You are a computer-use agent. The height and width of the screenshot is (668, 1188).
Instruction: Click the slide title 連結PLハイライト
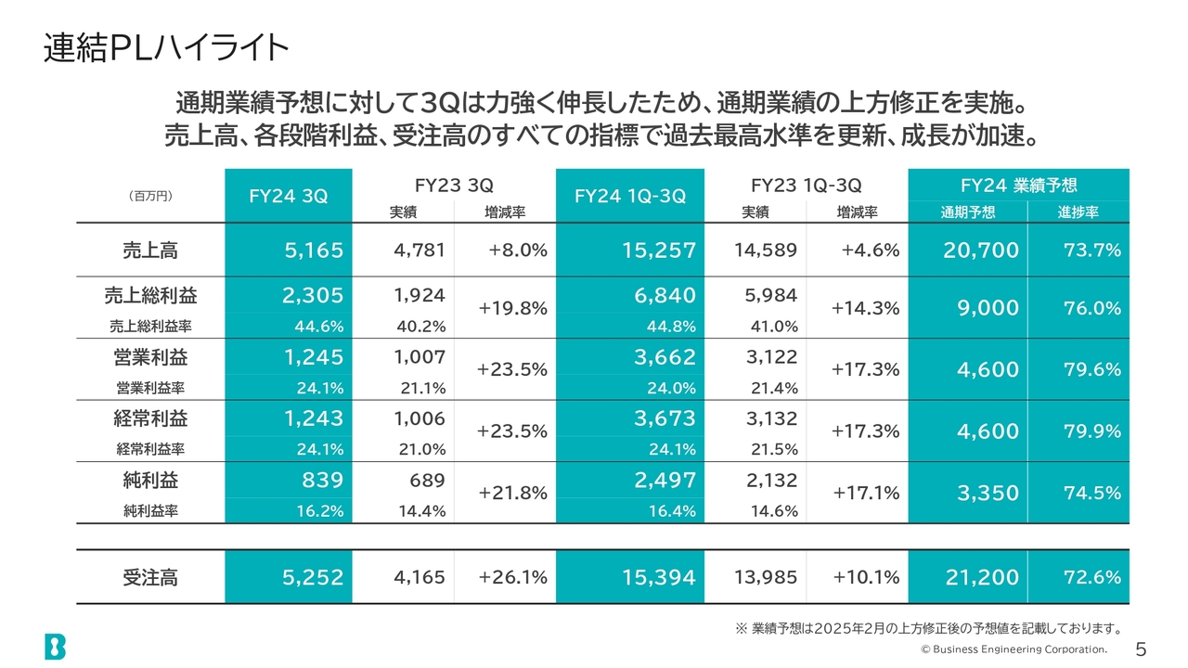tap(166, 48)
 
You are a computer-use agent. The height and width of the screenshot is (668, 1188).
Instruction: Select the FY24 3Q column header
tap(289, 196)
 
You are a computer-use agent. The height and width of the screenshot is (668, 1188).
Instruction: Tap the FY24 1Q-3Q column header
tap(630, 196)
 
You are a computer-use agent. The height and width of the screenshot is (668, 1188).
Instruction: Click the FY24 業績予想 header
tap(1018, 185)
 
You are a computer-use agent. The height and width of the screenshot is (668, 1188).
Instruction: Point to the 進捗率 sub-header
tap(1078, 212)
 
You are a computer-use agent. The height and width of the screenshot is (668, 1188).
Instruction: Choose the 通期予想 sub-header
tap(968, 212)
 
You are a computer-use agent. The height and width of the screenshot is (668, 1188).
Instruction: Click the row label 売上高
tap(149, 250)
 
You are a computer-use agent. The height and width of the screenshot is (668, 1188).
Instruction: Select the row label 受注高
tap(149, 577)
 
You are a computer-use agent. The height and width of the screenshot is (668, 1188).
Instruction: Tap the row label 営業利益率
tap(149, 388)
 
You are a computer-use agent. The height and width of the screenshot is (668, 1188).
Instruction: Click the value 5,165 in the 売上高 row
tap(313, 250)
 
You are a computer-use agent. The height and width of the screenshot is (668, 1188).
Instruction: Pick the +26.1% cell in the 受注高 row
tap(512, 577)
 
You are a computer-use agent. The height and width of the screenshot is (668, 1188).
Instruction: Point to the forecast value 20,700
tap(982, 250)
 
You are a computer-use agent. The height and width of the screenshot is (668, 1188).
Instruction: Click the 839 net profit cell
tap(322, 481)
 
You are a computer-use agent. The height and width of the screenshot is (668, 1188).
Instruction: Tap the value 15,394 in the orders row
tap(658, 577)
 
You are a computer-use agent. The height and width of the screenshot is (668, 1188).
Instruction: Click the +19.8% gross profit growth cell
tap(512, 309)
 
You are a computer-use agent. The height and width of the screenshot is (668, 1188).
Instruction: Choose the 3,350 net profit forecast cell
tap(988, 494)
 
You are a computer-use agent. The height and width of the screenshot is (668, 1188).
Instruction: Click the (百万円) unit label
tap(149, 196)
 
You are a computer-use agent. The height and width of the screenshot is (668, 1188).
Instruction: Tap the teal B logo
tap(55, 647)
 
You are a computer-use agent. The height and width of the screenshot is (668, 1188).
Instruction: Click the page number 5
tap(1141, 648)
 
